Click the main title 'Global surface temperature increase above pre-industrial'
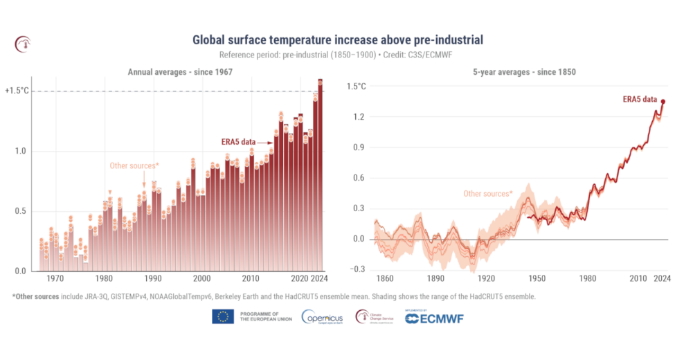coord(337,39)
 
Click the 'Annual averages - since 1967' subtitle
coord(179,72)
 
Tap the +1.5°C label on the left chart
coord(17,91)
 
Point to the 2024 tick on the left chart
coord(319,278)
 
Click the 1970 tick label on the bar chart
coord(55,278)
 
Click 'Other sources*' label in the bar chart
coord(134,165)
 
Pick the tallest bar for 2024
coord(320,173)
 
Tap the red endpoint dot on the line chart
coord(663,102)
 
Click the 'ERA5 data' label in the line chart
coord(640,99)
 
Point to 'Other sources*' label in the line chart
coord(487,194)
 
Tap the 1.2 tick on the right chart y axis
coord(359,117)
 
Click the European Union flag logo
coord(222,317)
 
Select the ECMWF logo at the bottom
coord(434,318)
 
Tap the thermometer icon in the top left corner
coord(23,44)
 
